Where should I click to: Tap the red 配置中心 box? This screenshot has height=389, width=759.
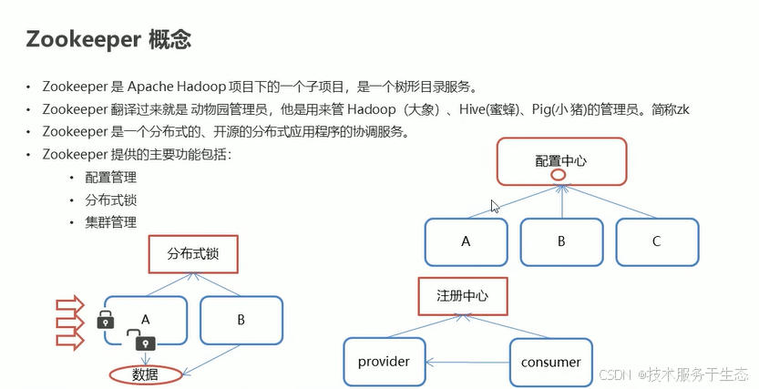tap(561, 160)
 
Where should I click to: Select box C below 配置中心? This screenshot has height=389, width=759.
tap(657, 241)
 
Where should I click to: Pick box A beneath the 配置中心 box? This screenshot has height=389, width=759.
tap(466, 241)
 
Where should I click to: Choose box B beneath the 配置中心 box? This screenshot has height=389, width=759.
tap(561, 241)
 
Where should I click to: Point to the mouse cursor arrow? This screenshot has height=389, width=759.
tap(495, 206)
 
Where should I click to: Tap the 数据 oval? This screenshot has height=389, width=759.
tap(145, 374)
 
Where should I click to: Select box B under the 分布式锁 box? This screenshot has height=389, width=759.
tap(241, 320)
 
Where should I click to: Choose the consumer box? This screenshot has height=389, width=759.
tap(551, 362)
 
